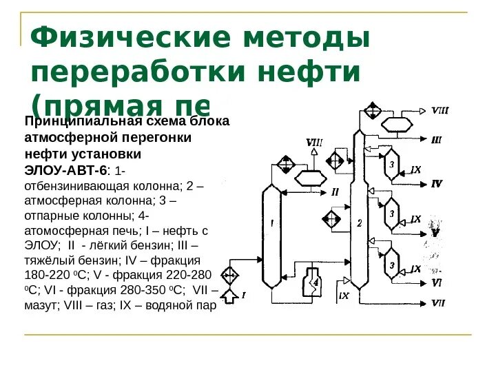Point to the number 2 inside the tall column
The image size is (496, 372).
click(x=359, y=223)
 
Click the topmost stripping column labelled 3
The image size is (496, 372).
click(x=392, y=165)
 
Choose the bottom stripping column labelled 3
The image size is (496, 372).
click(x=392, y=261)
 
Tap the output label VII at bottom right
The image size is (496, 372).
click(x=438, y=303)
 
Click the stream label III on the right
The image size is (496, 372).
click(x=437, y=140)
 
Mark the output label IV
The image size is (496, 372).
click(x=437, y=183)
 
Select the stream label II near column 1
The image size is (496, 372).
click(x=335, y=191)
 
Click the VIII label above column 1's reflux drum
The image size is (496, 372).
click(x=314, y=143)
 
